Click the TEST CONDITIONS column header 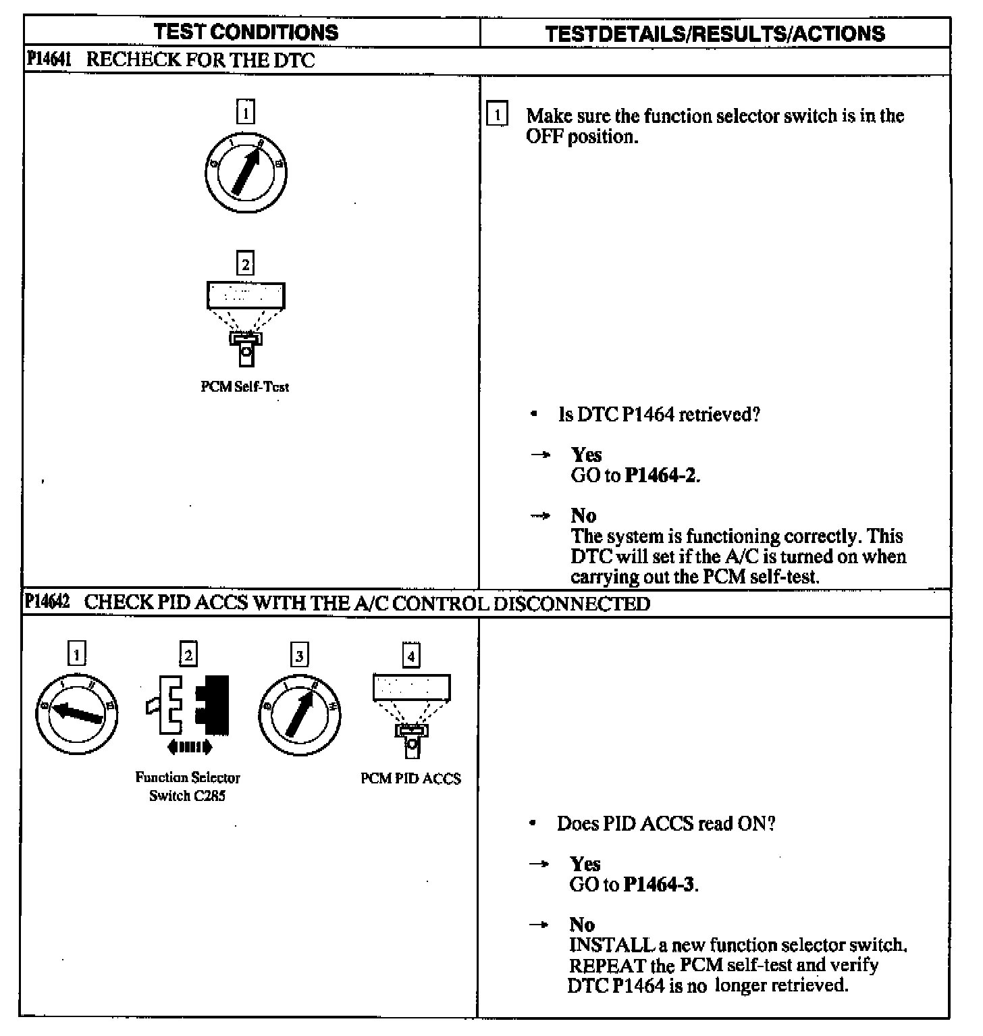coord(246,32)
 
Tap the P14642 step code coord(47,602)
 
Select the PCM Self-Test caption coord(244,387)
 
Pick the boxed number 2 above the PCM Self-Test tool coord(246,263)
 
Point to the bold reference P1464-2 coord(661,475)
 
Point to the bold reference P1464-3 coord(659,885)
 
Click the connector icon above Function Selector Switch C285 coord(188,706)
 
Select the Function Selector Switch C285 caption coord(188,787)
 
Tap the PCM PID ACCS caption coord(410,779)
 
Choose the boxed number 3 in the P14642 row coord(299,654)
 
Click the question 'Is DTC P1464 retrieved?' coord(659,414)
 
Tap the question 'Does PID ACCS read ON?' coord(666,824)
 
